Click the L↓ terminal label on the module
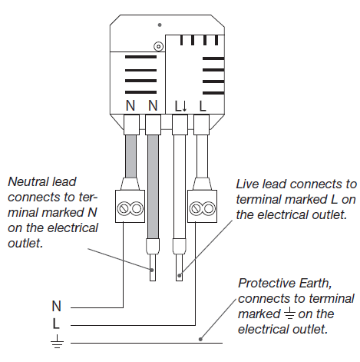click(x=181, y=106)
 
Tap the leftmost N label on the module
click(x=130, y=105)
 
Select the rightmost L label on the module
click(x=203, y=106)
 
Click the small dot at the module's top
click(x=160, y=25)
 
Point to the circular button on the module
click(x=159, y=47)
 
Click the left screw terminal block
click(x=130, y=206)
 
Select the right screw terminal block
click(x=202, y=206)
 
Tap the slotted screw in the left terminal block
click(x=124, y=208)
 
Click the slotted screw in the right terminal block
click(x=196, y=208)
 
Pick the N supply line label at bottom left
click(x=57, y=306)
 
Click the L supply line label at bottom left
click(x=56, y=324)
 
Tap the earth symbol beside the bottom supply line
click(x=57, y=341)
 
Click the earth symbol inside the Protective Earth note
click(x=289, y=314)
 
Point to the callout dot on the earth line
click(x=200, y=339)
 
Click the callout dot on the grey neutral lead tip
click(x=152, y=270)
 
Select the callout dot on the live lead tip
click(x=180, y=276)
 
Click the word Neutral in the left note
click(x=28, y=181)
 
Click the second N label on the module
click(x=153, y=105)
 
